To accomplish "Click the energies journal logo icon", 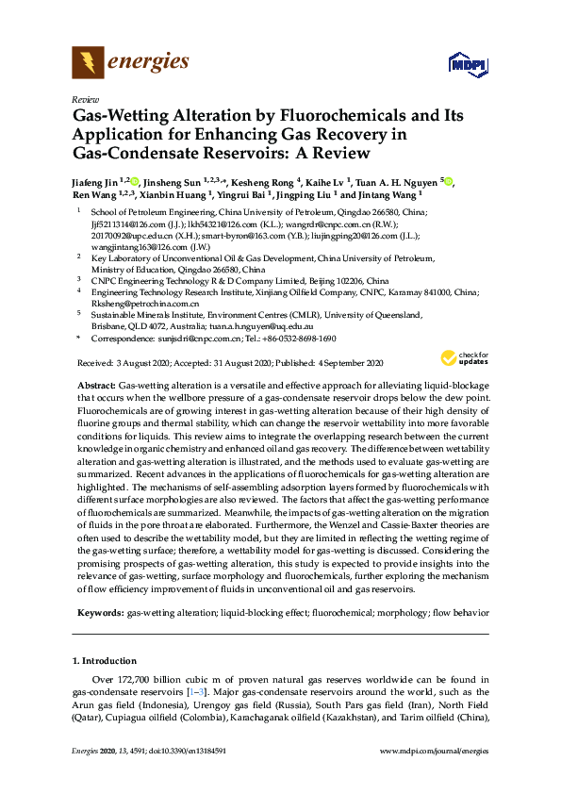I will [88, 63].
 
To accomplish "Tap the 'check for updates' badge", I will [465, 357].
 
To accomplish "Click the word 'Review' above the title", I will [85, 99].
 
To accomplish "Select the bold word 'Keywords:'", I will [100, 613].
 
